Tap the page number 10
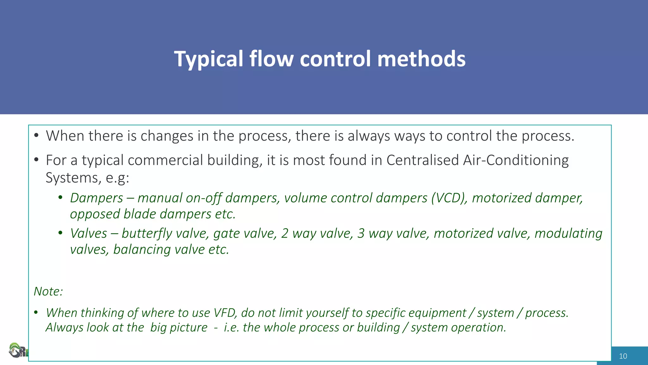pos(623,356)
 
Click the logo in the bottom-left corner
pos(17,351)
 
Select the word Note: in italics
pos(48,291)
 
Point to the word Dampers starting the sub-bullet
pos(97,198)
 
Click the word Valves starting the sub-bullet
pos(89,234)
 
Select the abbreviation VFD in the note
pos(225,313)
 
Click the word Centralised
pos(423,160)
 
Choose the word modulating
pos(568,234)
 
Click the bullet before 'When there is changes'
pos(36,136)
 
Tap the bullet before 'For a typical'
pos(36,160)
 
